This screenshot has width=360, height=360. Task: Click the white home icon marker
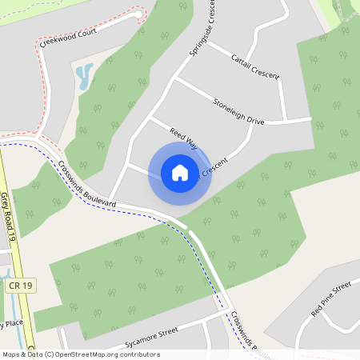tap(179, 172)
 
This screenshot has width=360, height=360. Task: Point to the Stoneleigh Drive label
tap(238, 110)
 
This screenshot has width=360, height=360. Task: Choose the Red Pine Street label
tap(330, 298)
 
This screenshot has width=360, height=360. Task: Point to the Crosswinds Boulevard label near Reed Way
tap(87, 184)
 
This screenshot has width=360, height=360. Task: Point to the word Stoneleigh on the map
tap(228, 106)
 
